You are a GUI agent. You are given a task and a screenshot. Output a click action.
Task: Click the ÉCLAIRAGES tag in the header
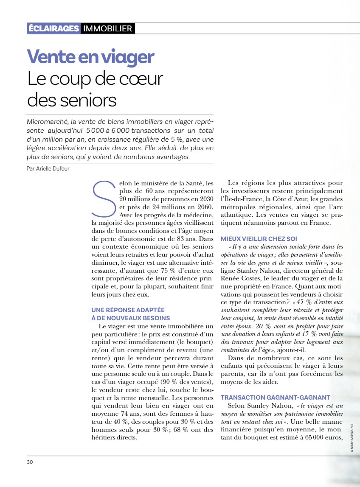pos(53,29)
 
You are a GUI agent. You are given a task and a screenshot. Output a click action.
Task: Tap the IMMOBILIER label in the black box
pos(108,29)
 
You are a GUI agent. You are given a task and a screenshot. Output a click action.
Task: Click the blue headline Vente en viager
pos(90,57)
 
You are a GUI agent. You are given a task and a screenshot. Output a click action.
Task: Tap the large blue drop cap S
pos(103,198)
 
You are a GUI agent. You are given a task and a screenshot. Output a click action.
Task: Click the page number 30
pos(30,462)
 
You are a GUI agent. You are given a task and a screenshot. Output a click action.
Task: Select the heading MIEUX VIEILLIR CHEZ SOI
pos(259,238)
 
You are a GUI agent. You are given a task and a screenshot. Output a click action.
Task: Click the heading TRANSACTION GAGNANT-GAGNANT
pos(275,397)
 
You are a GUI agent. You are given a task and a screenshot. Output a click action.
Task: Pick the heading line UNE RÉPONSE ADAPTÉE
pos(128,310)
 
